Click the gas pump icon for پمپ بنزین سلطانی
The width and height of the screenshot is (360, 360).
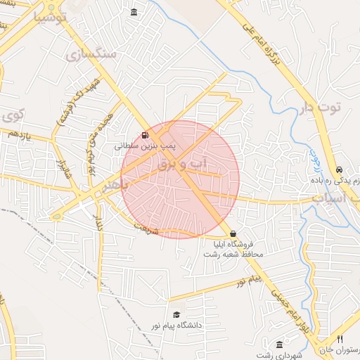(145, 136)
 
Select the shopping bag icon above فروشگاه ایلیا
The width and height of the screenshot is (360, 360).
(233, 234)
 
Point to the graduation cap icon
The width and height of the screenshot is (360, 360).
(176, 314)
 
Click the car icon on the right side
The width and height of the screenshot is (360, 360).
(340, 170)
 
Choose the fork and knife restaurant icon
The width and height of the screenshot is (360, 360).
(341, 339)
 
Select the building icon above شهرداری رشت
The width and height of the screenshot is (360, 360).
(280, 345)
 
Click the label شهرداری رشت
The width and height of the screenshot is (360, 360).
(279, 355)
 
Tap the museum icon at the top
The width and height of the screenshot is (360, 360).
(134, 12)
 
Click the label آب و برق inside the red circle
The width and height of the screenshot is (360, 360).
(190, 165)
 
